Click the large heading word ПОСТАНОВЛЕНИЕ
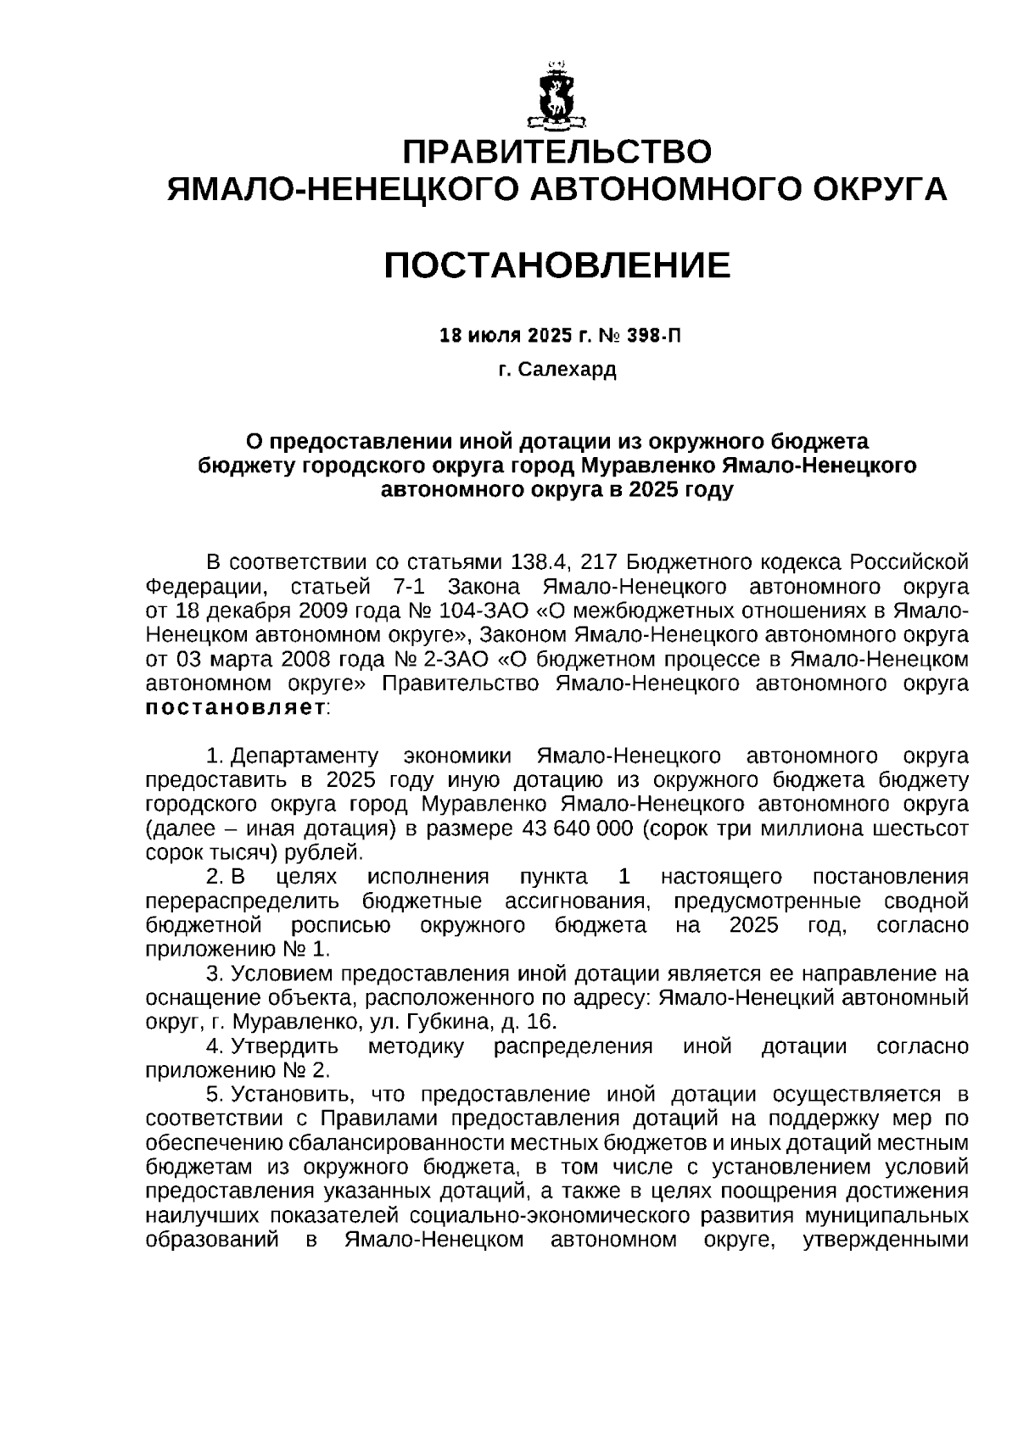(x=557, y=265)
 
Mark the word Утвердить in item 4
(x=285, y=1046)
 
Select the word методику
(x=416, y=1046)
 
